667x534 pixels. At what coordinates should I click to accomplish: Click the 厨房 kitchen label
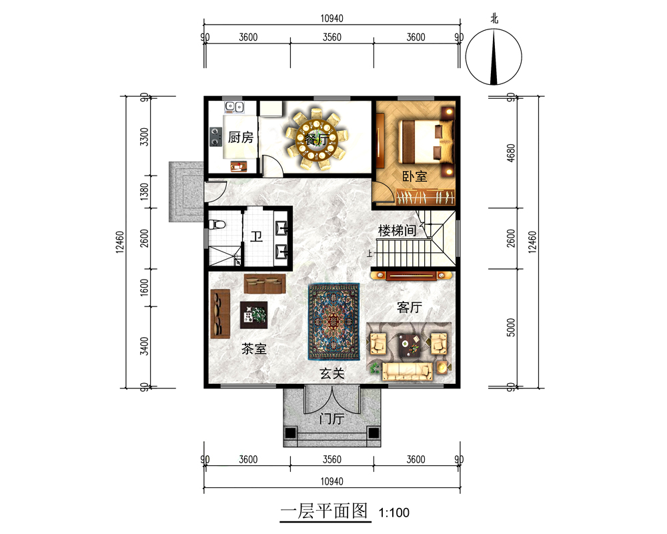tap(241, 137)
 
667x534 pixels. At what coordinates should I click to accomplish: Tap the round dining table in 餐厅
tap(317, 139)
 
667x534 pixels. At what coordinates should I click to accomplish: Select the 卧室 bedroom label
tap(415, 176)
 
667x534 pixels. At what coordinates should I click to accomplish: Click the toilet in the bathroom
tap(217, 224)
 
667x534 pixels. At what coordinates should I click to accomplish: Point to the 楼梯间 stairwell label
tap(398, 231)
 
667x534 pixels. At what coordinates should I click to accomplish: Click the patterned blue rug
tap(334, 322)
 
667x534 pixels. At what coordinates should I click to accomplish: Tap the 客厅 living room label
tap(410, 307)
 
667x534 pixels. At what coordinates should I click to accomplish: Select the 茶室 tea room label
tap(254, 348)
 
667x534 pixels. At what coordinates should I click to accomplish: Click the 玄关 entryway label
tap(331, 373)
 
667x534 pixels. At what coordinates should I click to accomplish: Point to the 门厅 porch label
tap(331, 419)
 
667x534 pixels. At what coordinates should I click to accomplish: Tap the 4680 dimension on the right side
tap(511, 152)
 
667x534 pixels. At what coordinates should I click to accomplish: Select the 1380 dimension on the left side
tap(145, 192)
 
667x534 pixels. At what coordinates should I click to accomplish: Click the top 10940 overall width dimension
tap(331, 18)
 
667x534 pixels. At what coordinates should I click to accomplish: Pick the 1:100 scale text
tap(394, 512)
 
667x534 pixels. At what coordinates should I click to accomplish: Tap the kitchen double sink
tap(234, 107)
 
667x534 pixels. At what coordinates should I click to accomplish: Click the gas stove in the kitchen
tap(215, 137)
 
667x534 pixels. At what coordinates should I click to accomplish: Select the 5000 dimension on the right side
tap(511, 328)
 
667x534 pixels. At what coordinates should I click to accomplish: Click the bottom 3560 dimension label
tap(331, 459)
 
